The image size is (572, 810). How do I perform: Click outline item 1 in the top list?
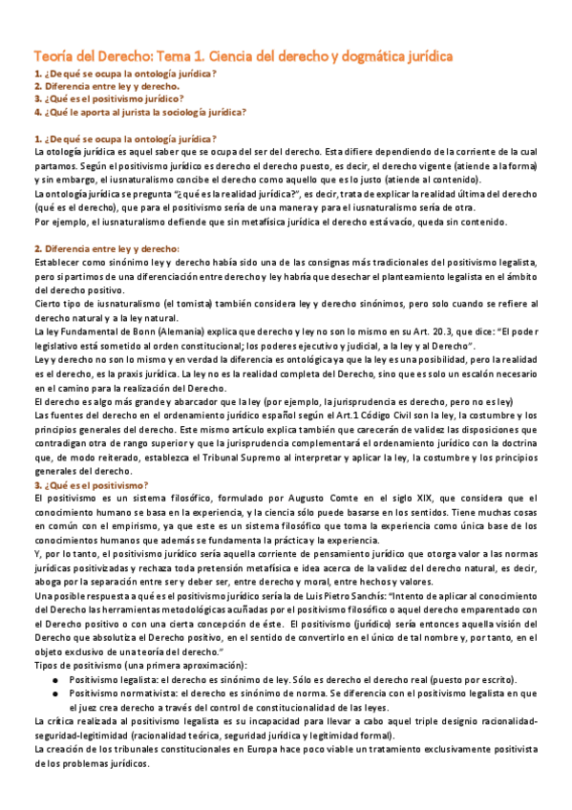124,74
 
